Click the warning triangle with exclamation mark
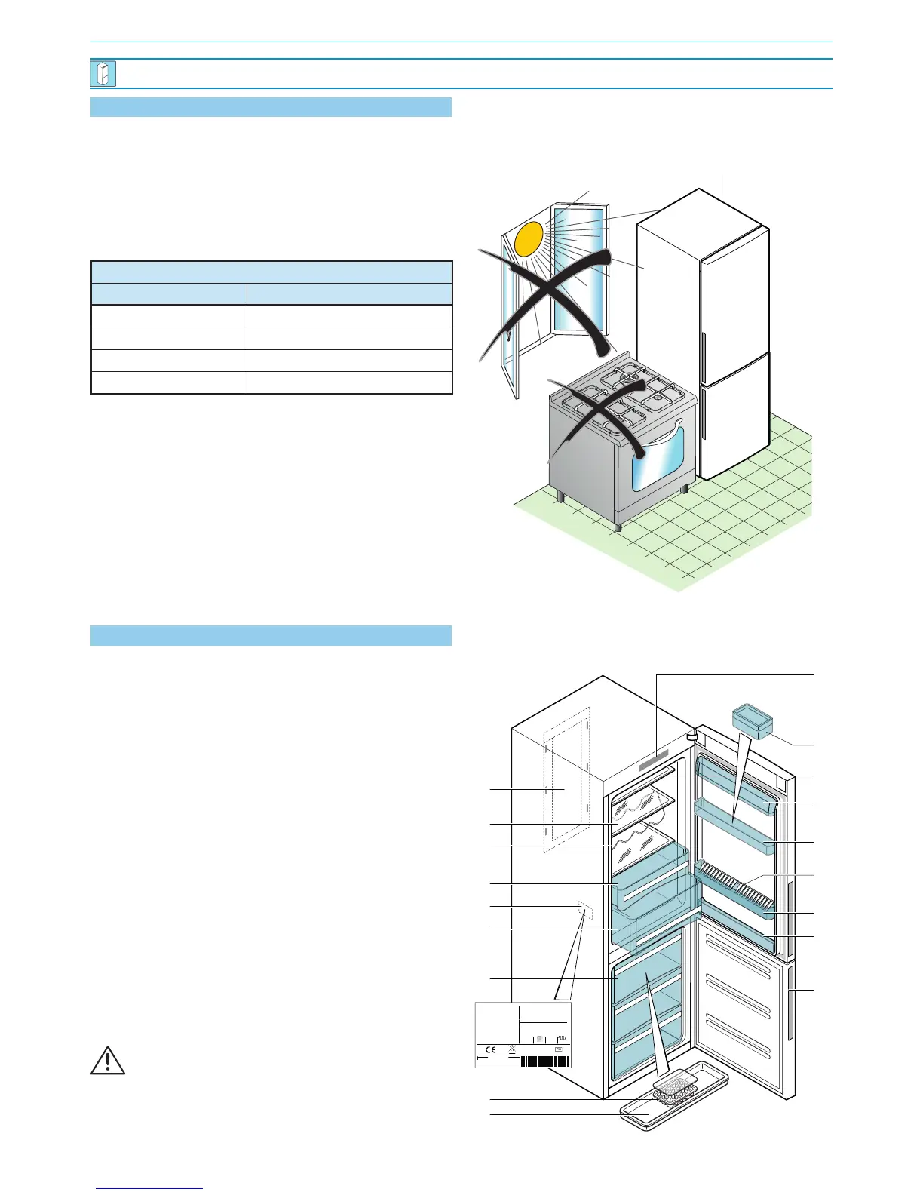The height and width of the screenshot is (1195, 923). [x=108, y=1060]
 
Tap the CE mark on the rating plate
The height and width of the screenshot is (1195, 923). [x=489, y=1049]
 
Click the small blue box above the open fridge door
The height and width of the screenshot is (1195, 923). [x=752, y=720]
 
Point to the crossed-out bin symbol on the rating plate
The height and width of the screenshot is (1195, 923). [x=513, y=1049]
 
